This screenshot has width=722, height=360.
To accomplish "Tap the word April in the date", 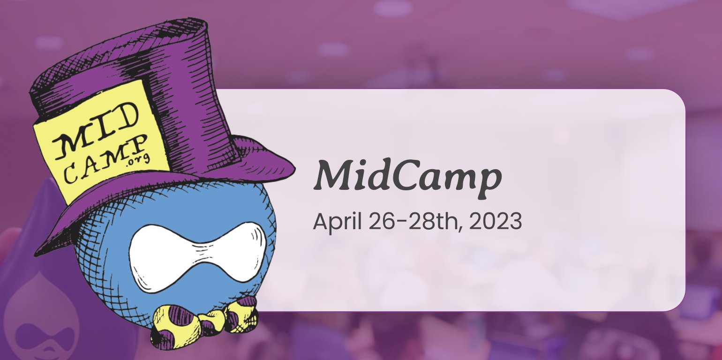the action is pyautogui.click(x=337, y=222).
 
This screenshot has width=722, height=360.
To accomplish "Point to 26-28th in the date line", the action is pyautogui.click(x=416, y=221).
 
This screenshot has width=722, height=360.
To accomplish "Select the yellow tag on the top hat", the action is pyautogui.click(x=100, y=142).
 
